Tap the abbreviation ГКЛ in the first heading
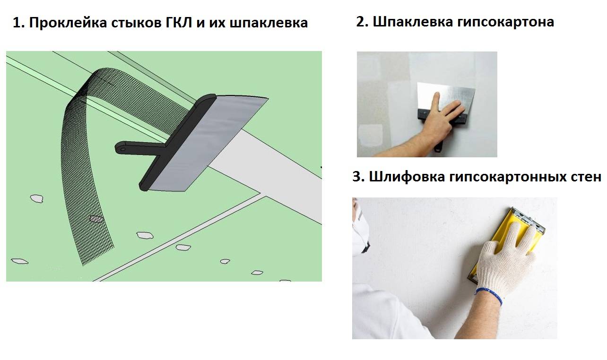pyautogui.click(x=179, y=23)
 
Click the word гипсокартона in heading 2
pyautogui.click(x=506, y=22)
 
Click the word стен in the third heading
pyautogui.click(x=586, y=177)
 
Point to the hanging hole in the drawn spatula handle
pyautogui.click(x=122, y=149)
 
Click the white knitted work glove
pyautogui.click(x=504, y=260)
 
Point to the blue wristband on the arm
pyautogui.click(x=489, y=296)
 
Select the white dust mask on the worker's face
pyautogui.click(x=360, y=233)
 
